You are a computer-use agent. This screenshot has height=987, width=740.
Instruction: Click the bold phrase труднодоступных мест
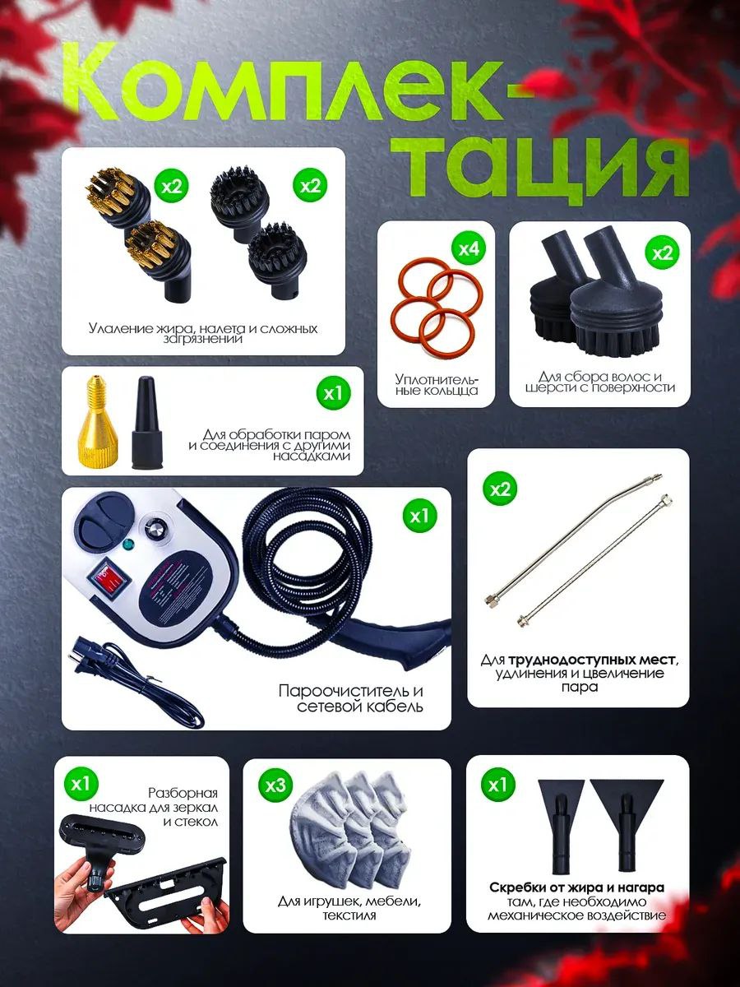591,660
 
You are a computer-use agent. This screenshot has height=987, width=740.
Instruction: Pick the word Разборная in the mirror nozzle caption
183,793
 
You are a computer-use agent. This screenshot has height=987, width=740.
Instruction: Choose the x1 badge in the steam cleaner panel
419,517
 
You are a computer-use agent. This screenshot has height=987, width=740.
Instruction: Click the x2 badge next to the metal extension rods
501,489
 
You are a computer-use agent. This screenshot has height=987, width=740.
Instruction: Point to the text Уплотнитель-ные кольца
437,384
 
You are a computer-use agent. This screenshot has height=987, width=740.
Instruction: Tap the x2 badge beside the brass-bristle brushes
172,185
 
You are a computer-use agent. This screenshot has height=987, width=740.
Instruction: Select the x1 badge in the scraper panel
497,785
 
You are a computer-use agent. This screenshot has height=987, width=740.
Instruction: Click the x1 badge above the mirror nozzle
81,785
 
